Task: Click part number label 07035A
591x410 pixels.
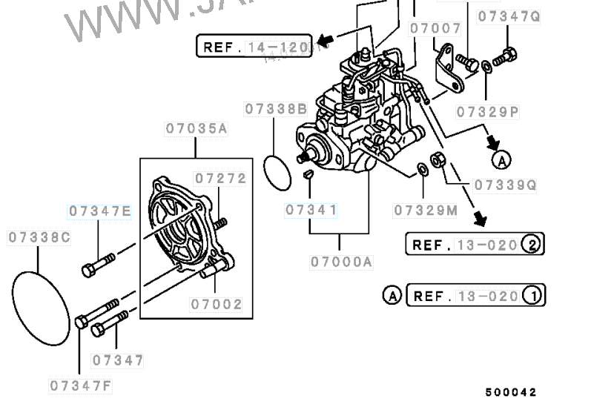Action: coord(196,128)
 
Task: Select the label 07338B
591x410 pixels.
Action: coord(277,109)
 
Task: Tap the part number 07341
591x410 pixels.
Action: coord(311,211)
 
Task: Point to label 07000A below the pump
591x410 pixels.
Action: coord(342,262)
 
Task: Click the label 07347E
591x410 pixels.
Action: coord(100,211)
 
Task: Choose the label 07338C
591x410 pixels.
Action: coord(39,237)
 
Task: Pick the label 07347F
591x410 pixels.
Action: coord(81,386)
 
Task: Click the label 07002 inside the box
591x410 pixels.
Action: coord(217,304)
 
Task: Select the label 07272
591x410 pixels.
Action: coord(220,179)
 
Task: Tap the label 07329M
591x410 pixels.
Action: coord(426,211)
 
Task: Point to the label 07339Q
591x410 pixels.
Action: coord(504,185)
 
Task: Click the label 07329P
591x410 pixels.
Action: coord(488,112)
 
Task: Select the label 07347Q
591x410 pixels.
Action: coord(509,15)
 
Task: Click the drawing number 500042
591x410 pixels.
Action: coord(511,392)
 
